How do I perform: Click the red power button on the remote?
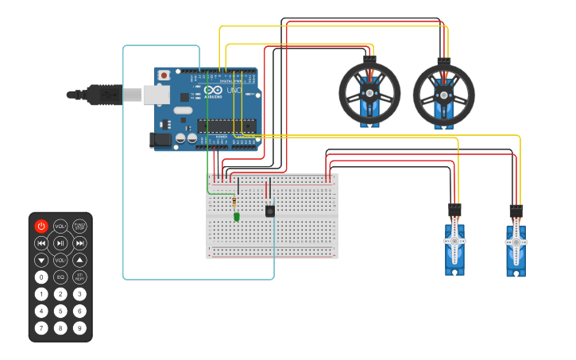41,226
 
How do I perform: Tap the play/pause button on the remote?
60,242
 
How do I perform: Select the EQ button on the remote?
60,277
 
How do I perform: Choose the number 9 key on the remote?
79,327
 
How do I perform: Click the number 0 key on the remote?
41,277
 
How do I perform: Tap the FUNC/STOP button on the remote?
79,226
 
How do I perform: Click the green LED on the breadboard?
237,216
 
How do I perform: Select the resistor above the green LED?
234,203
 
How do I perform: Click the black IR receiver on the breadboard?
270,211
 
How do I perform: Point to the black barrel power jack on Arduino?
160,140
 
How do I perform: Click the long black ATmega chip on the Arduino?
226,125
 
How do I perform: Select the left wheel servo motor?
369,94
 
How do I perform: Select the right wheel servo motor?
443,94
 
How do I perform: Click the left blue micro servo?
454,246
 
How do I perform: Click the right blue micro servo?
516,247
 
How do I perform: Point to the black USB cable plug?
103,95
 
